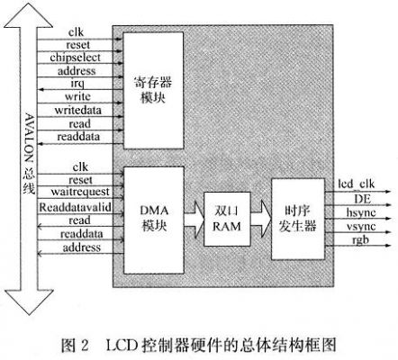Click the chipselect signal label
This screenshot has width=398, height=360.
point(75,58)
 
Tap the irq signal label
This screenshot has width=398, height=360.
point(77,84)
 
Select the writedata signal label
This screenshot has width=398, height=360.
point(78,110)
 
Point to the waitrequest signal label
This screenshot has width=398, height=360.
point(80,192)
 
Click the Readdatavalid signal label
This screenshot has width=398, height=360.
point(75,207)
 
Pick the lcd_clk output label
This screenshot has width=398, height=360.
point(357,184)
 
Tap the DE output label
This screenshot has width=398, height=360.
point(362,199)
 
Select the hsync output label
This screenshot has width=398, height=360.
point(361,212)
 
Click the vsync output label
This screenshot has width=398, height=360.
point(361,226)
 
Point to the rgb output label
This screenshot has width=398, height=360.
point(360,240)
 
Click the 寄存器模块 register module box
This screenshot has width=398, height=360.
point(153,90)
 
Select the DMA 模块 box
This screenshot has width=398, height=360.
point(154,220)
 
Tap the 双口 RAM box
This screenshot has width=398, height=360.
point(227,219)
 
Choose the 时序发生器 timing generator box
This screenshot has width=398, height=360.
point(298,219)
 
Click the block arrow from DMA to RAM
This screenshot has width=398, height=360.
point(194,220)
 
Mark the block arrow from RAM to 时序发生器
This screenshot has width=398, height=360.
point(261,219)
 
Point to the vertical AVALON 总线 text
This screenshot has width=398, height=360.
point(29,154)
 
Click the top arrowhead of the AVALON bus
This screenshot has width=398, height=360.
point(29,15)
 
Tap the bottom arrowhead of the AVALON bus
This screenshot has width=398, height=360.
point(29,302)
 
